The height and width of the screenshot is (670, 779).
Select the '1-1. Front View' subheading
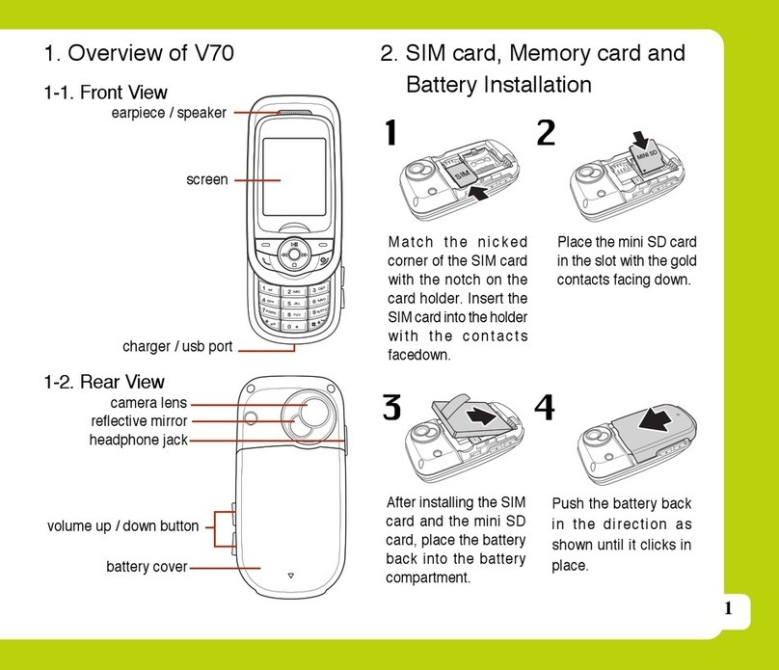coord(105,93)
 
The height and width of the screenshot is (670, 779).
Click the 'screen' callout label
coord(207,179)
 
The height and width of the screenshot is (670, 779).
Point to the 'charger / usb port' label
coord(177,346)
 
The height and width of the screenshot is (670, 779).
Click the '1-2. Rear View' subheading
coord(104,382)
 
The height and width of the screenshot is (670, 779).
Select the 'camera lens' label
coord(148,403)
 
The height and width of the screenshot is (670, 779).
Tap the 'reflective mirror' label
coord(139,421)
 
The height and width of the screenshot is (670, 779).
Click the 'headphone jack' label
coord(139,440)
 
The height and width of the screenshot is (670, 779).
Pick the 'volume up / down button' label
coord(122,526)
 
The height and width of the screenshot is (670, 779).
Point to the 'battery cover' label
coord(147,567)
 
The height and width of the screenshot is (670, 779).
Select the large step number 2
coord(546,134)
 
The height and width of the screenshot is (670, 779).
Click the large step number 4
coord(545,409)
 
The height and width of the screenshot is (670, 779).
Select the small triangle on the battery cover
coord(290,576)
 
